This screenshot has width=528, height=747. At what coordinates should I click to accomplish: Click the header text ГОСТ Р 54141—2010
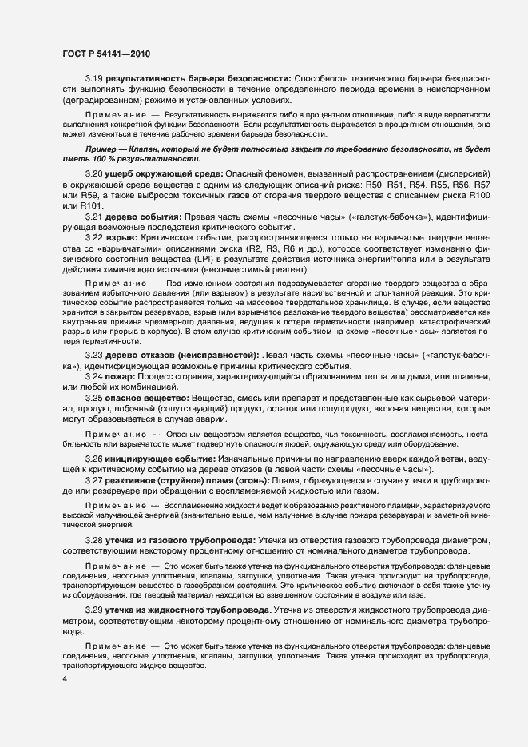point(105,54)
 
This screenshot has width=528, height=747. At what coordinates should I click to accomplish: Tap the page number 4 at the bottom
point(65,679)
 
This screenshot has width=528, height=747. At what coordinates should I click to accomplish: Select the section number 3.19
point(95,78)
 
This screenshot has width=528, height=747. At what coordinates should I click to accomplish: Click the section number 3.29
point(95,610)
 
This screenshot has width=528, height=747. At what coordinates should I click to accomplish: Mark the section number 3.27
point(95,481)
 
